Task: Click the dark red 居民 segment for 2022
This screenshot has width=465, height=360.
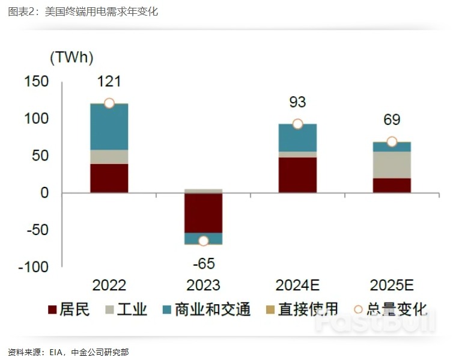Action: point(109,178)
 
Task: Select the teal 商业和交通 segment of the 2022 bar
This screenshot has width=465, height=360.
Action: point(109,127)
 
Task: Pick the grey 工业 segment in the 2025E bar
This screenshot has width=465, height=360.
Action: point(392,165)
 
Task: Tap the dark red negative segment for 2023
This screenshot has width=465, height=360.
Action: point(203,213)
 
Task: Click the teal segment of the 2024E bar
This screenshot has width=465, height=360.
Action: point(297,138)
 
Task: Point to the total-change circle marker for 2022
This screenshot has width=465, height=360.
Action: point(109,103)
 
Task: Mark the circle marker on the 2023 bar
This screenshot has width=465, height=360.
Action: point(203,240)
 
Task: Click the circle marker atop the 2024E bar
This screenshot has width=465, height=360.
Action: point(297,124)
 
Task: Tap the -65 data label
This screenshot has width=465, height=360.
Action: point(203,263)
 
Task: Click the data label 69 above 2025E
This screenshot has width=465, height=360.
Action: point(392,120)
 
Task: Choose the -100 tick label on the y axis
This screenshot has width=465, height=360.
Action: point(33,267)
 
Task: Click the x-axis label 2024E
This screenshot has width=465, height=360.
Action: point(297,285)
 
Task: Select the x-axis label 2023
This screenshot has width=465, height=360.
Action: point(203,285)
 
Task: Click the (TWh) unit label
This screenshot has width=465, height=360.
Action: point(71,58)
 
